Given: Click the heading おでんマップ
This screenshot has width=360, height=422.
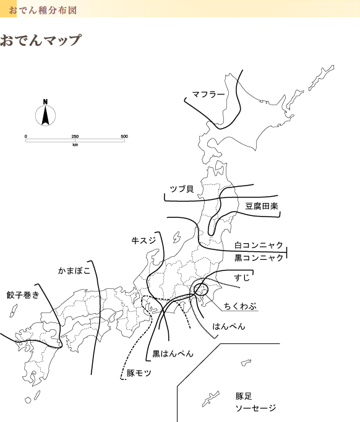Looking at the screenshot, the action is click(41, 40).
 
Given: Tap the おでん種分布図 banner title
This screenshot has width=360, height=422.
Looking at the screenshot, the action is click(43, 11).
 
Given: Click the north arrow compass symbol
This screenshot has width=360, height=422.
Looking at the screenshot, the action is click(46, 113).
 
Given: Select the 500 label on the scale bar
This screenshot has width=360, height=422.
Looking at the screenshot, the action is click(124, 137).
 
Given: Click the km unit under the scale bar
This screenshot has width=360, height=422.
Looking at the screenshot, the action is click(75, 145).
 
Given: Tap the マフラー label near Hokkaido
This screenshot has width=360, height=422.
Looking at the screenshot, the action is click(208, 95).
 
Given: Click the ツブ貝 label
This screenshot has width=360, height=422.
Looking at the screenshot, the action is click(182, 189).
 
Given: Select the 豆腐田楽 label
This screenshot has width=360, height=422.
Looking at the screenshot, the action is click(262, 207).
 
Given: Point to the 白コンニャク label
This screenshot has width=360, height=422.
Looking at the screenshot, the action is click(259, 245).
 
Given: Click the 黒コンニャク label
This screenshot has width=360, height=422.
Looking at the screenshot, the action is click(259, 258).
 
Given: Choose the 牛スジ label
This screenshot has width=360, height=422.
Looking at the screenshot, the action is click(144, 240).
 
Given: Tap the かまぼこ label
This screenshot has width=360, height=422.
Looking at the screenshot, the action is click(74, 270).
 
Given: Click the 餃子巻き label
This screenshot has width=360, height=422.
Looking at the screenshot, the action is click(23, 295).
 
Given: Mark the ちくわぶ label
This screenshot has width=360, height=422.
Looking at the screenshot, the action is click(240, 306).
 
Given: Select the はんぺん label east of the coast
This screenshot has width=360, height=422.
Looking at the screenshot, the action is click(229, 326).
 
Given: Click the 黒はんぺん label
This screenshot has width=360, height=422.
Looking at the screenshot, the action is click(173, 353).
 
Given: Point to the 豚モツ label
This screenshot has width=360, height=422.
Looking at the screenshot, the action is click(139, 373).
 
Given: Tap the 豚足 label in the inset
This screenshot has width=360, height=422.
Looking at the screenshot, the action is click(244, 396).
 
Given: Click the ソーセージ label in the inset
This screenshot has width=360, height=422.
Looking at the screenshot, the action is click(255, 408).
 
